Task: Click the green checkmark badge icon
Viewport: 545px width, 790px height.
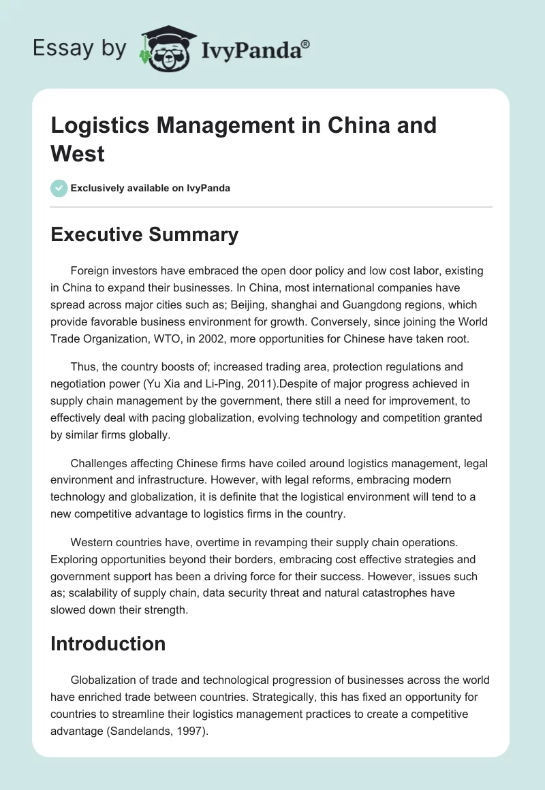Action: coord(59,188)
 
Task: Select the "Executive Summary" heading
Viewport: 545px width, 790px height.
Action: coord(144,235)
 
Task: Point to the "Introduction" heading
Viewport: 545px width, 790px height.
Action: coord(108,644)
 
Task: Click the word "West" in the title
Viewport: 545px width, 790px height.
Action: coord(78,153)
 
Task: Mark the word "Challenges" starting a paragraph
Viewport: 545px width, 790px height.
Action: coord(100,464)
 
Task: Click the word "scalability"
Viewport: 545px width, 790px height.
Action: coord(97,593)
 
